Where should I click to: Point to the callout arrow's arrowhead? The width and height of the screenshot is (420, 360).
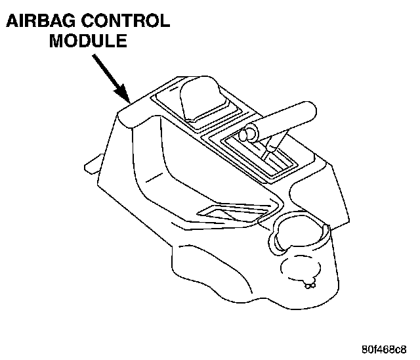pyautogui.click(x=126, y=98)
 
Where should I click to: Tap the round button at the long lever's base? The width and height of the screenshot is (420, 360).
pyautogui.click(x=248, y=135)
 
